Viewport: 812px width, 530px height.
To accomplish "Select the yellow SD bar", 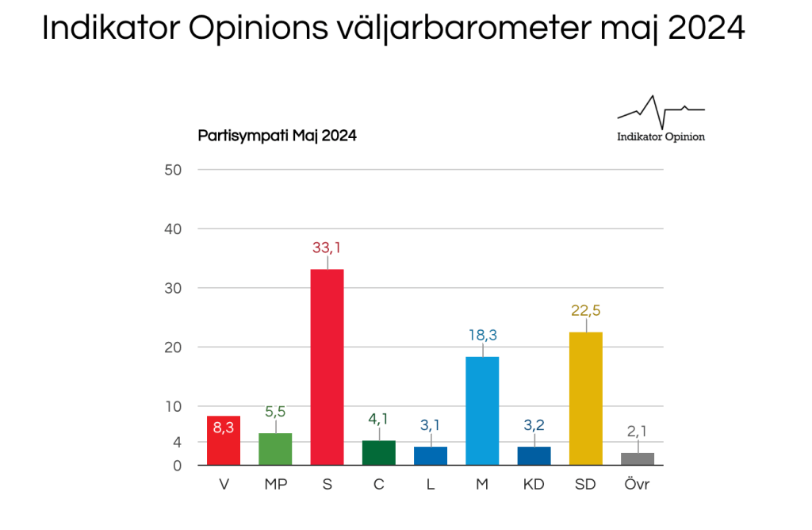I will pyautogui.click(x=586, y=397).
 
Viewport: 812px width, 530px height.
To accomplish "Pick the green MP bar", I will pyautogui.click(x=275, y=448).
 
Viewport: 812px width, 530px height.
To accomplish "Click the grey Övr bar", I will pyautogui.click(x=638, y=459).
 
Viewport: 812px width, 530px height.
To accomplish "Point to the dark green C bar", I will pyautogui.click(x=379, y=452).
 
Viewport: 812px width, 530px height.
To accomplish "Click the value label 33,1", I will pyautogui.click(x=327, y=248).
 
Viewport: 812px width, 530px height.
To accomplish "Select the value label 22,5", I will pyautogui.click(x=586, y=310).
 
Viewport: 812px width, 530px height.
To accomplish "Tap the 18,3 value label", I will pyautogui.click(x=482, y=336).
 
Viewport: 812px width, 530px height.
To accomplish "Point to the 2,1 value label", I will pyautogui.click(x=638, y=432).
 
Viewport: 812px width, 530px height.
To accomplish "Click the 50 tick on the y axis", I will pyautogui.click(x=174, y=170).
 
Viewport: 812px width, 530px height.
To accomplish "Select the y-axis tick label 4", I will pyautogui.click(x=178, y=442).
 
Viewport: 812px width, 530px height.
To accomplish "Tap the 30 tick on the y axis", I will pyautogui.click(x=174, y=288).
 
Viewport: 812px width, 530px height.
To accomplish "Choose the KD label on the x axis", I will pyautogui.click(x=534, y=484).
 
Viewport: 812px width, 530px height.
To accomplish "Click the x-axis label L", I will pyautogui.click(x=431, y=484).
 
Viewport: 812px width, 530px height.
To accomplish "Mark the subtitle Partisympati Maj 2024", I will pyautogui.click(x=277, y=136).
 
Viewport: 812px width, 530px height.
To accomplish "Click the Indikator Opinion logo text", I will pyautogui.click(x=661, y=136).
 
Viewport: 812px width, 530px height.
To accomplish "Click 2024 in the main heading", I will pyautogui.click(x=706, y=29).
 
